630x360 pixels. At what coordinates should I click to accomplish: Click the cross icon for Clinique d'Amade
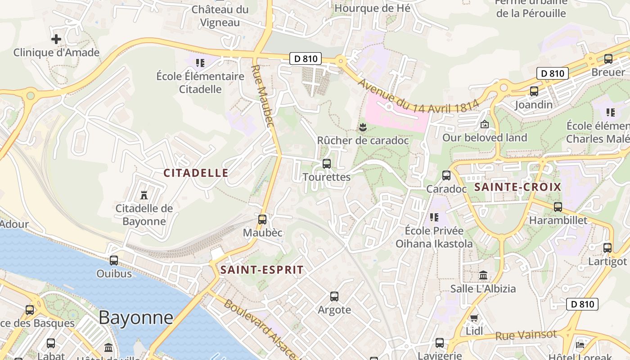tap(56, 39)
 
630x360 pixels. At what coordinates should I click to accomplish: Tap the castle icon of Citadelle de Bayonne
tap(144, 195)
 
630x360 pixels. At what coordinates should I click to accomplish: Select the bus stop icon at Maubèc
tap(262, 219)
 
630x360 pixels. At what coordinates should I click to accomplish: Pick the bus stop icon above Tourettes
tap(327, 164)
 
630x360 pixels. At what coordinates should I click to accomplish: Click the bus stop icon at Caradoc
tap(446, 175)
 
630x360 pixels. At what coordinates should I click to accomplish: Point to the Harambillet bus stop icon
tap(558, 207)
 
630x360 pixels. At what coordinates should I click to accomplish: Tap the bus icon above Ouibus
tap(114, 260)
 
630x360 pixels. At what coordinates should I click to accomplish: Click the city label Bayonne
tap(136, 317)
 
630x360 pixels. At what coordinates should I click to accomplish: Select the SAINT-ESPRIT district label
tap(262, 270)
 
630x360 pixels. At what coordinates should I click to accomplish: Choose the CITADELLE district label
tap(196, 173)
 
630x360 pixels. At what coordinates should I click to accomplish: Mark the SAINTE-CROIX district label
tap(518, 187)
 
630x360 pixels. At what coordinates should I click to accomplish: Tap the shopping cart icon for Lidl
tap(474, 318)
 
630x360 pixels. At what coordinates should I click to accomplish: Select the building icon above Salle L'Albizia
tap(483, 275)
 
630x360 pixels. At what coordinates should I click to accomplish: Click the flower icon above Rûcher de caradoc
tap(363, 128)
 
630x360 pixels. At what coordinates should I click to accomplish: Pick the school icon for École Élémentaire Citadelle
tap(200, 63)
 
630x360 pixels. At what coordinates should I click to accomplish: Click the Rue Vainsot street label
tap(526, 335)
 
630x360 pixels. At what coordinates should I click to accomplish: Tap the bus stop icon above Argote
tap(334, 297)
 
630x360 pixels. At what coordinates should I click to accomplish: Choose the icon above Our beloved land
tap(485, 124)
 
